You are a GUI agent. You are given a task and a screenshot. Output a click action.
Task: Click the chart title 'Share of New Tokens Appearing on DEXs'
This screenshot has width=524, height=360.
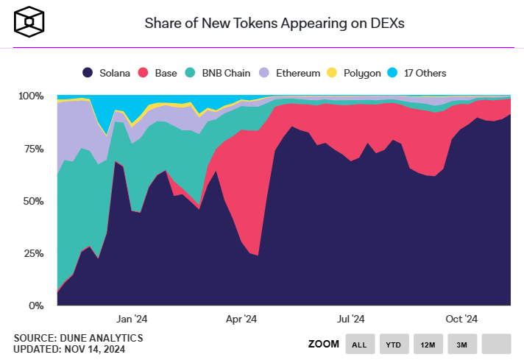point(274,24)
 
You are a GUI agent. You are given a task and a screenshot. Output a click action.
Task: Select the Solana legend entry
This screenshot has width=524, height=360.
point(107,73)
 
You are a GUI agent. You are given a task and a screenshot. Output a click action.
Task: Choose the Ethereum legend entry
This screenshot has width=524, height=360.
point(291,73)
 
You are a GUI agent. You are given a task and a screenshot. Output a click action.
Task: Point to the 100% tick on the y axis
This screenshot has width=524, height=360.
point(31,96)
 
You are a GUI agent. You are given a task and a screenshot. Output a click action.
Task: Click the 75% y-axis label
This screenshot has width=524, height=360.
point(33,148)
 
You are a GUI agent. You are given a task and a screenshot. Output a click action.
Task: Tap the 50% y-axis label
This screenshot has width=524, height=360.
point(33,200)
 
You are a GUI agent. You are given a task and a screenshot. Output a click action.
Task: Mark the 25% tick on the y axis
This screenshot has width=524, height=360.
point(33,253)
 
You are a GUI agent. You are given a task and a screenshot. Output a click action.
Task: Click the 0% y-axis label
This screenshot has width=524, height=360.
point(36,306)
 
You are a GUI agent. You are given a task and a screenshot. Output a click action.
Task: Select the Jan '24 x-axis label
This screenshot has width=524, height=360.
point(132,319)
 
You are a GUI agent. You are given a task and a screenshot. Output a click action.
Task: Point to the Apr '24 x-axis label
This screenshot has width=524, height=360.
point(241,319)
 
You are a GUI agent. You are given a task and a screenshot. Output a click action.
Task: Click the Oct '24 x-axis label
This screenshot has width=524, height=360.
point(462,319)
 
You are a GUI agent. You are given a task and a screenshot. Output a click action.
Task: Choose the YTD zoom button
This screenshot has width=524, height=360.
point(393,344)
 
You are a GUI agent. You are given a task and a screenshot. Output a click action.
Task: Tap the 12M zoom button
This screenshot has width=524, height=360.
point(428,344)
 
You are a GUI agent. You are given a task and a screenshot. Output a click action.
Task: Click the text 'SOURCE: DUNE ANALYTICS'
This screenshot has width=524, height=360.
point(78,338)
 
